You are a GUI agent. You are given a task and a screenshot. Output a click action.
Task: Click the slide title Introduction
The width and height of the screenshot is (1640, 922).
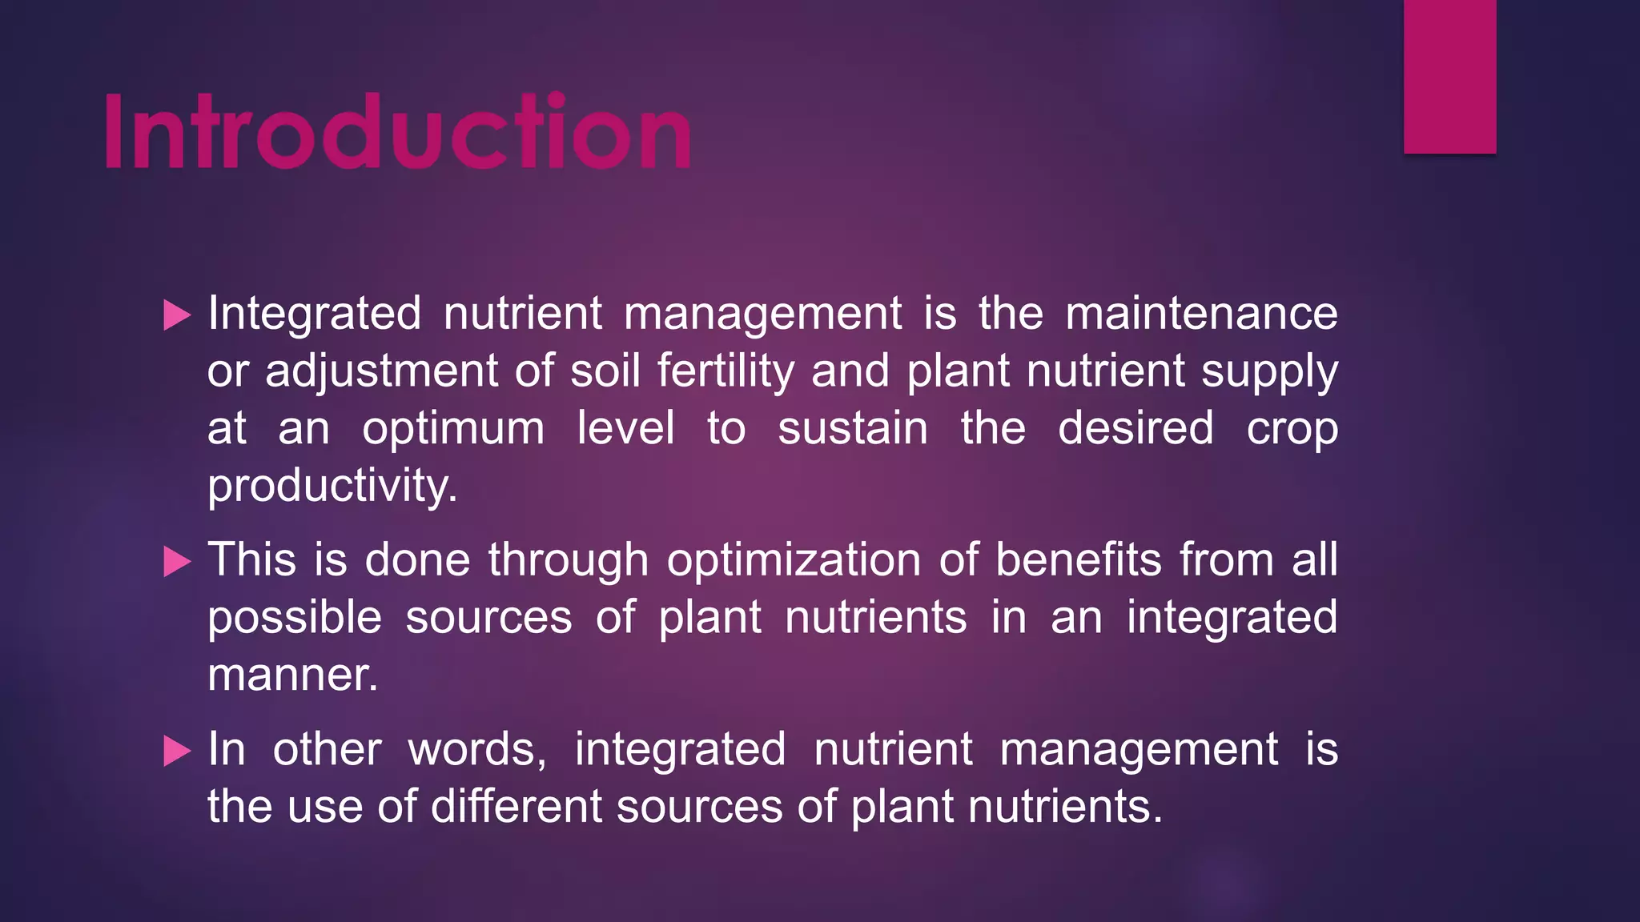[x=398, y=131]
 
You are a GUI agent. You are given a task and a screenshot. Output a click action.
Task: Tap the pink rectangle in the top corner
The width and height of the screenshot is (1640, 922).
[x=1449, y=76]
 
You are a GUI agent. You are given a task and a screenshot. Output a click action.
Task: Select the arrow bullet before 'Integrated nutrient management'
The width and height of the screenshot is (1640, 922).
[x=177, y=315]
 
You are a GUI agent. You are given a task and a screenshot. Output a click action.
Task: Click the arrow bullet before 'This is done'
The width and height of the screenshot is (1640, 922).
[x=177, y=561]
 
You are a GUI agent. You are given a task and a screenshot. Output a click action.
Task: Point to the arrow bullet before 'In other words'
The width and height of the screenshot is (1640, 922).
[x=177, y=751]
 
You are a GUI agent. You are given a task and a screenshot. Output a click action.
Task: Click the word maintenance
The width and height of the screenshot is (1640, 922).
[x=1201, y=313]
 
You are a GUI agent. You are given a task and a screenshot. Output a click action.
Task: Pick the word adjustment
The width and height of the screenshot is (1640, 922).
[x=382, y=372]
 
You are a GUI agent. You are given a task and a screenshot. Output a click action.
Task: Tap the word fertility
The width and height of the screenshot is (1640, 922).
[x=726, y=372]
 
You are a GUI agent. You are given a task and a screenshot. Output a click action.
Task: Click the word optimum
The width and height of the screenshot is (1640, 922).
[x=453, y=430]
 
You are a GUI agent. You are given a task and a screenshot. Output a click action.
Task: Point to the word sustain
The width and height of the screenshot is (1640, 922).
[x=853, y=429]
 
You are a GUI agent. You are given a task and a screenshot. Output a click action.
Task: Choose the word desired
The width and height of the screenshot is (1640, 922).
[x=1136, y=428]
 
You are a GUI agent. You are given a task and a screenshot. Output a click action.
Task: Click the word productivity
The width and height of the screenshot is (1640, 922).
[x=332, y=487]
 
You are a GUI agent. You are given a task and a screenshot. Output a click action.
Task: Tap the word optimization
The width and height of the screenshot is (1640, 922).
[x=794, y=560]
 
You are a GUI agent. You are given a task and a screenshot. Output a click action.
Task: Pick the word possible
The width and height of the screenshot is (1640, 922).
[x=295, y=619]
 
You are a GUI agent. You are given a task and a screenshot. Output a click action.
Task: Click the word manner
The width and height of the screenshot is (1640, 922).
[x=292, y=675]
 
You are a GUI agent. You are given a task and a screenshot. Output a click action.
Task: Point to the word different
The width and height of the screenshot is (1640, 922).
[x=517, y=806]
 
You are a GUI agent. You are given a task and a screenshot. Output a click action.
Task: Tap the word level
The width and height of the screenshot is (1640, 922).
[x=626, y=428]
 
